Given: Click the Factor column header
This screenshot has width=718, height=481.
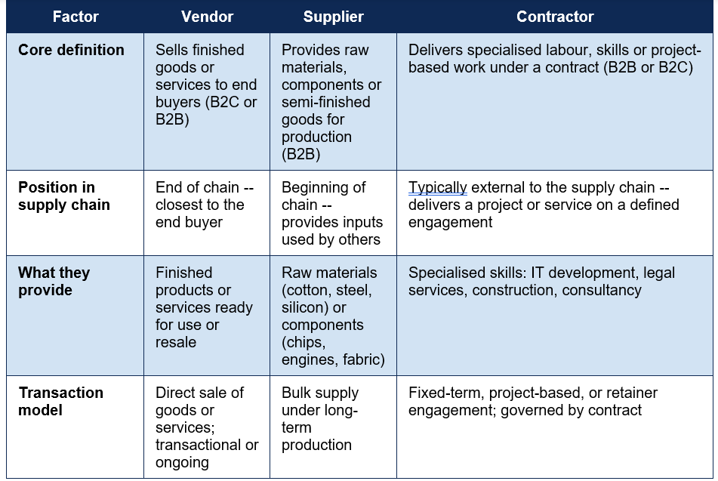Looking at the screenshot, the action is coord(75,17).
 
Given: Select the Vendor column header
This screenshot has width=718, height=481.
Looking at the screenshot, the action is coord(207,17).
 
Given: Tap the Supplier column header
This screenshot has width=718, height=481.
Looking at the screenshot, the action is coord(334,17).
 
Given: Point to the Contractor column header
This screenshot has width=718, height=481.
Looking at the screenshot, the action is coord(555,17).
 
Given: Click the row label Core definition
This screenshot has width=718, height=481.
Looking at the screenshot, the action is coord(71,50).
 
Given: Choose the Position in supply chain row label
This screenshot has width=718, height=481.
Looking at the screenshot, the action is coord(64,196).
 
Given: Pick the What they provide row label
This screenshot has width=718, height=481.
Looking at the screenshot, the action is coord(54,281).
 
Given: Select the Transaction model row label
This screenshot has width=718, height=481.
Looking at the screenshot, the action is coord(61,401).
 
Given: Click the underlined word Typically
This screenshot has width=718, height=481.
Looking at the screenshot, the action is coord(437,188).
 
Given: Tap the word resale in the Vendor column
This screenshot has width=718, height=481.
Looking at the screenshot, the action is coord(176,342).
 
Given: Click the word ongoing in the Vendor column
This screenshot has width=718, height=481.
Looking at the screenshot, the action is coord(182,463).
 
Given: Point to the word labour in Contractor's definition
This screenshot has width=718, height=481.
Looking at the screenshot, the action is coord(566,50).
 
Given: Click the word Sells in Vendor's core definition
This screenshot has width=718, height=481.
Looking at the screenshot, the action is coord(171,50).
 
